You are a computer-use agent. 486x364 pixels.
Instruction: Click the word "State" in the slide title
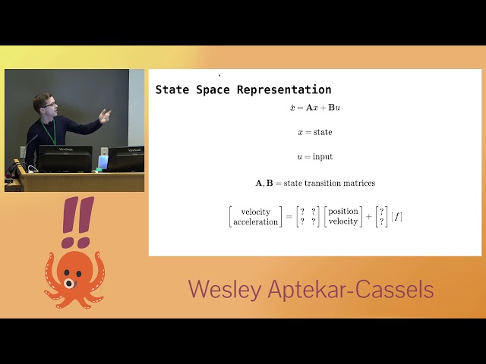pyautogui.click(x=172, y=89)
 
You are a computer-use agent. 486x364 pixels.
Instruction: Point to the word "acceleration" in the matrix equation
pyautogui.click(x=255, y=222)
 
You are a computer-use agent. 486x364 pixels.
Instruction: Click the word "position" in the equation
pyautogui.click(x=343, y=211)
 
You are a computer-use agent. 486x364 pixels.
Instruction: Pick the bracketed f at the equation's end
pyautogui.click(x=396, y=217)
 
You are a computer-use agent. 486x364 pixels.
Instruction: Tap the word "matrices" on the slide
pyautogui.click(x=358, y=183)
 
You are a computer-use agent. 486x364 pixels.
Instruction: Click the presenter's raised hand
pyautogui.click(x=105, y=115)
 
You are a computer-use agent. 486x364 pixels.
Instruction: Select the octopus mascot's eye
pyautogui.click(x=69, y=283)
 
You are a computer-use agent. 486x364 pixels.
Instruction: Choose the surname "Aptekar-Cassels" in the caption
pyautogui.click(x=354, y=290)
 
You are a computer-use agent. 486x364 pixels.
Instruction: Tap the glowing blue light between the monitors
pyautogui.click(x=103, y=162)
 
